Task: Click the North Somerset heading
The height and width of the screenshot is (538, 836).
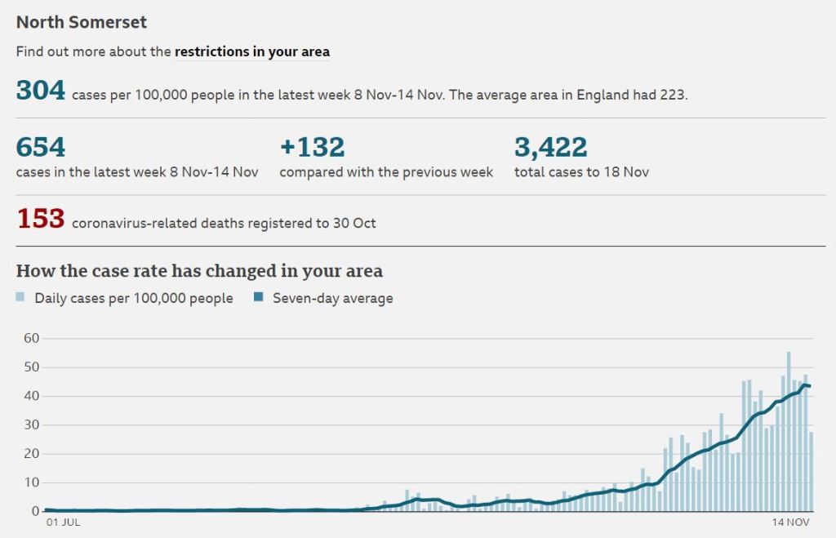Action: tap(82, 22)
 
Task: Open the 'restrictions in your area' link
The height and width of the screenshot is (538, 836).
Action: tap(251, 51)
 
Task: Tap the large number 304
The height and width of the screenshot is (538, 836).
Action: tap(40, 91)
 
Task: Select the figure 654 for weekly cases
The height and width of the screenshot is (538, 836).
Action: tap(40, 148)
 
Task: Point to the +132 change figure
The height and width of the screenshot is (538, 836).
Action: tap(312, 148)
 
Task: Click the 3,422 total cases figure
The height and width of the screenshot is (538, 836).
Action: tap(550, 148)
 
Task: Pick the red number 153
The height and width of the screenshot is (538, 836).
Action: tap(40, 219)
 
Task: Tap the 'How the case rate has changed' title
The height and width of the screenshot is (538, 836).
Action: tap(199, 271)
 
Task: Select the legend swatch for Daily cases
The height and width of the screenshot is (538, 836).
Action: tap(21, 297)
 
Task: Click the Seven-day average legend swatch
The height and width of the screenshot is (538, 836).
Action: tap(259, 297)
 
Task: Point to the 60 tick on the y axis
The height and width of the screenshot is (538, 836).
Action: tap(30, 338)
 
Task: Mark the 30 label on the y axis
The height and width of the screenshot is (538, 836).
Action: tap(30, 425)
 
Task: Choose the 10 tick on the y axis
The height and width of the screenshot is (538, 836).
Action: tap(30, 482)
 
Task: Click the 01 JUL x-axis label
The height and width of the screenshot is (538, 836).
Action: tap(63, 522)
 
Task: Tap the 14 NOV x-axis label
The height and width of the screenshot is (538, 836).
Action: tap(791, 522)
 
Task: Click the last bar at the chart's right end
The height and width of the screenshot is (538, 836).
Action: tap(811, 472)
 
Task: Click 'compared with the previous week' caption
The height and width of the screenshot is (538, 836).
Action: tap(386, 172)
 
